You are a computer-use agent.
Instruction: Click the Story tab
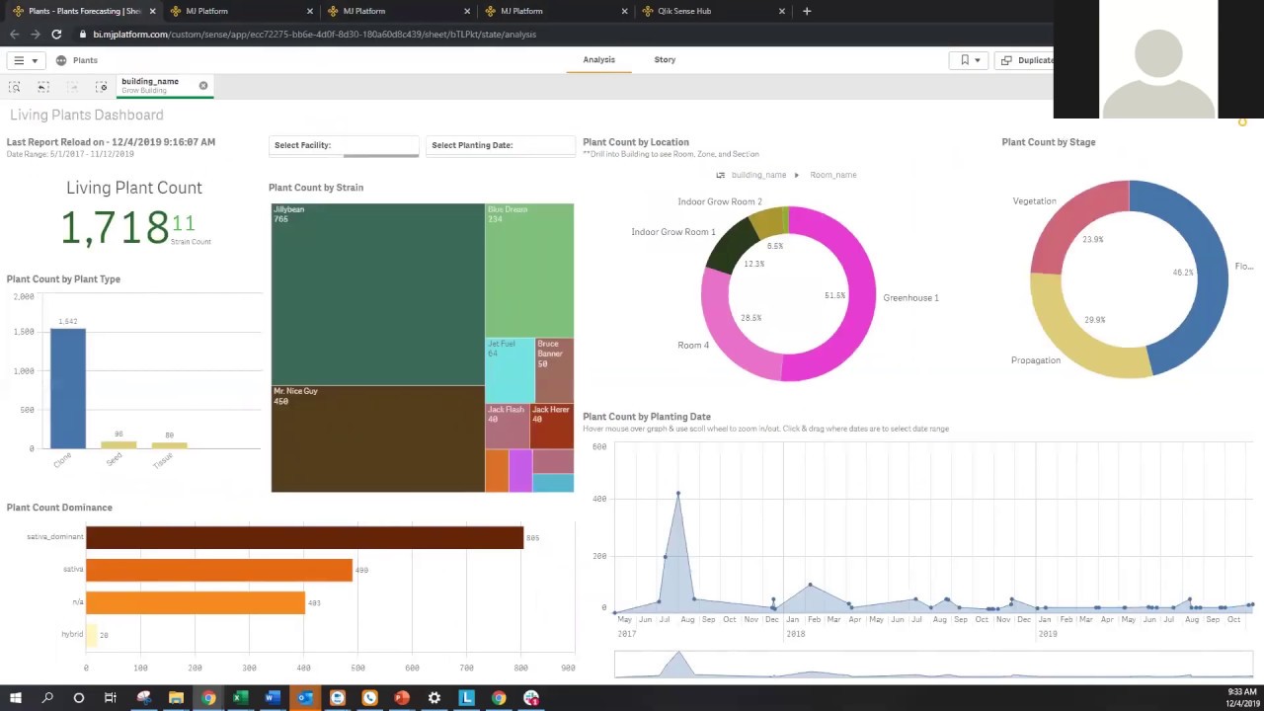665,59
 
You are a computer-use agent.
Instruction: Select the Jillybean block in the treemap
377,294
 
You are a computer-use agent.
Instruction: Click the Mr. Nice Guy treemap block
377,438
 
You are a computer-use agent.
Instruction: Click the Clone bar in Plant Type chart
68,388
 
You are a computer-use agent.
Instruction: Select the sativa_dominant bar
304,537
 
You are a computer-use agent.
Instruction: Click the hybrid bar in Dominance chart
91,635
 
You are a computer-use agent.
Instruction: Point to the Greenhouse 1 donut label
910,297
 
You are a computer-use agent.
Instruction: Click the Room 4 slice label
693,346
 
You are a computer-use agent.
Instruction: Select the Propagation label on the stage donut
1035,360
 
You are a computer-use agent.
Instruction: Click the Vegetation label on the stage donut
1034,201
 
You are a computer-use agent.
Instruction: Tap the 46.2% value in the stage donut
1182,273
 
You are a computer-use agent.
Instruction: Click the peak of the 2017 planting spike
677,493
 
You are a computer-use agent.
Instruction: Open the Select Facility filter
344,145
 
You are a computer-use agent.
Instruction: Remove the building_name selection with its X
203,86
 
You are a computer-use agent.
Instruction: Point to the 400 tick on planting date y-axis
599,499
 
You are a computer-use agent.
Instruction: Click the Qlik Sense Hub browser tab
684,11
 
